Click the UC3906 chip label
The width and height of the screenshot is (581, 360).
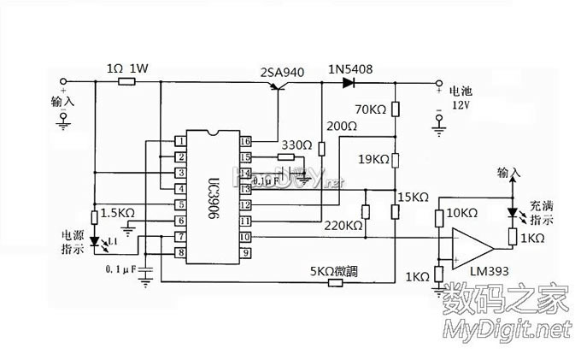tap(214, 195)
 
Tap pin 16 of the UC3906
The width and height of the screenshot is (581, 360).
tap(245, 141)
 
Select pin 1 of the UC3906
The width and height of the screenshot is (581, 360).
tap(181, 141)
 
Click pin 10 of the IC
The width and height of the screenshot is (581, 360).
tap(245, 237)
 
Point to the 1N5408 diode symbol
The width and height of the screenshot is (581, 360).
tap(348, 83)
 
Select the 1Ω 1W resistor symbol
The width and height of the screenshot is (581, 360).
tap(126, 83)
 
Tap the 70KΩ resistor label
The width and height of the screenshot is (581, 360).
tap(371, 109)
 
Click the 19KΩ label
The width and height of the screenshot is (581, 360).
tap(373, 159)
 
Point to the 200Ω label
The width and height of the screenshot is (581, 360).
tap(341, 126)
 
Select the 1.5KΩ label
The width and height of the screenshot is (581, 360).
tap(118, 212)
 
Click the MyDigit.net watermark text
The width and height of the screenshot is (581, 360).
tap(504, 328)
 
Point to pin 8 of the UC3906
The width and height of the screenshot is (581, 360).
tap(181, 253)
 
